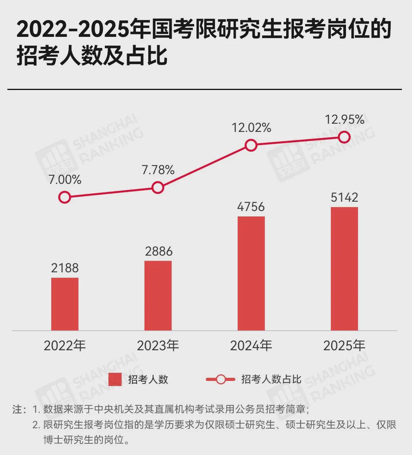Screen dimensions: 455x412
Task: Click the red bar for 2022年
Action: tap(65, 304)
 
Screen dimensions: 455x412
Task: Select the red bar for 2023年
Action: tap(158, 295)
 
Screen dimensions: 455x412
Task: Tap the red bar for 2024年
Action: tap(251, 273)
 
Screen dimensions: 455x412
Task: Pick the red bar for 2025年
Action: tap(344, 268)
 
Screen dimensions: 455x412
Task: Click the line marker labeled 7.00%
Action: tap(64, 197)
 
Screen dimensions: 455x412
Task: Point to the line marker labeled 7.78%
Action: tap(158, 188)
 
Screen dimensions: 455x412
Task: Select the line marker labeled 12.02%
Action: tap(251, 145)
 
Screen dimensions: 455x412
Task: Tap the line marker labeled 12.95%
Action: tap(344, 137)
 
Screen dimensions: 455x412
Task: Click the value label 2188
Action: tap(65, 268)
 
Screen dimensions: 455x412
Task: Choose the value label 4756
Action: tap(251, 206)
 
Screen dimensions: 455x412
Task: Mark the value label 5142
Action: tap(344, 197)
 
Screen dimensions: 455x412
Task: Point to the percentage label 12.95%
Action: tap(345, 119)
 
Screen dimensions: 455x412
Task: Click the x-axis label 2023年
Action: tap(158, 345)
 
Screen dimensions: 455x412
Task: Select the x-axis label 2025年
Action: tap(344, 345)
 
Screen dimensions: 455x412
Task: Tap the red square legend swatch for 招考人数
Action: tap(115, 379)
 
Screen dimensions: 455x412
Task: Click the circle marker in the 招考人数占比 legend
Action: tap(221, 379)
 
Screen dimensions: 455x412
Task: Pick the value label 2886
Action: tap(158, 251)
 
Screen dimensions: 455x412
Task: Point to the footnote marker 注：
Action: tap(19, 410)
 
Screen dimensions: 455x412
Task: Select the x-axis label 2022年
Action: tap(65, 345)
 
